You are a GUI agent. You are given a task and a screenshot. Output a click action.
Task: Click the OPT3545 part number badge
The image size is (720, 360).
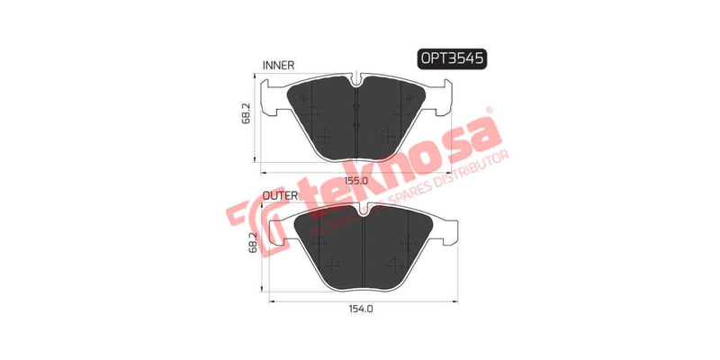point(452,58)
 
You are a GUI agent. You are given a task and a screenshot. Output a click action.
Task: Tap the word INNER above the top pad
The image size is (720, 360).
point(279,66)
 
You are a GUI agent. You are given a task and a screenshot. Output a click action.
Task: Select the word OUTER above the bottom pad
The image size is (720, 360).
point(281,194)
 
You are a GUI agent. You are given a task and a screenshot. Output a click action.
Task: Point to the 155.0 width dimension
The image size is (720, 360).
point(360,180)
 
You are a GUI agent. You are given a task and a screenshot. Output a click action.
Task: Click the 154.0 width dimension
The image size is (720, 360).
point(360,308)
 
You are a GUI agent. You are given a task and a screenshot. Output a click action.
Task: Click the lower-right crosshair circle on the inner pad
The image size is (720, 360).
point(389,137)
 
